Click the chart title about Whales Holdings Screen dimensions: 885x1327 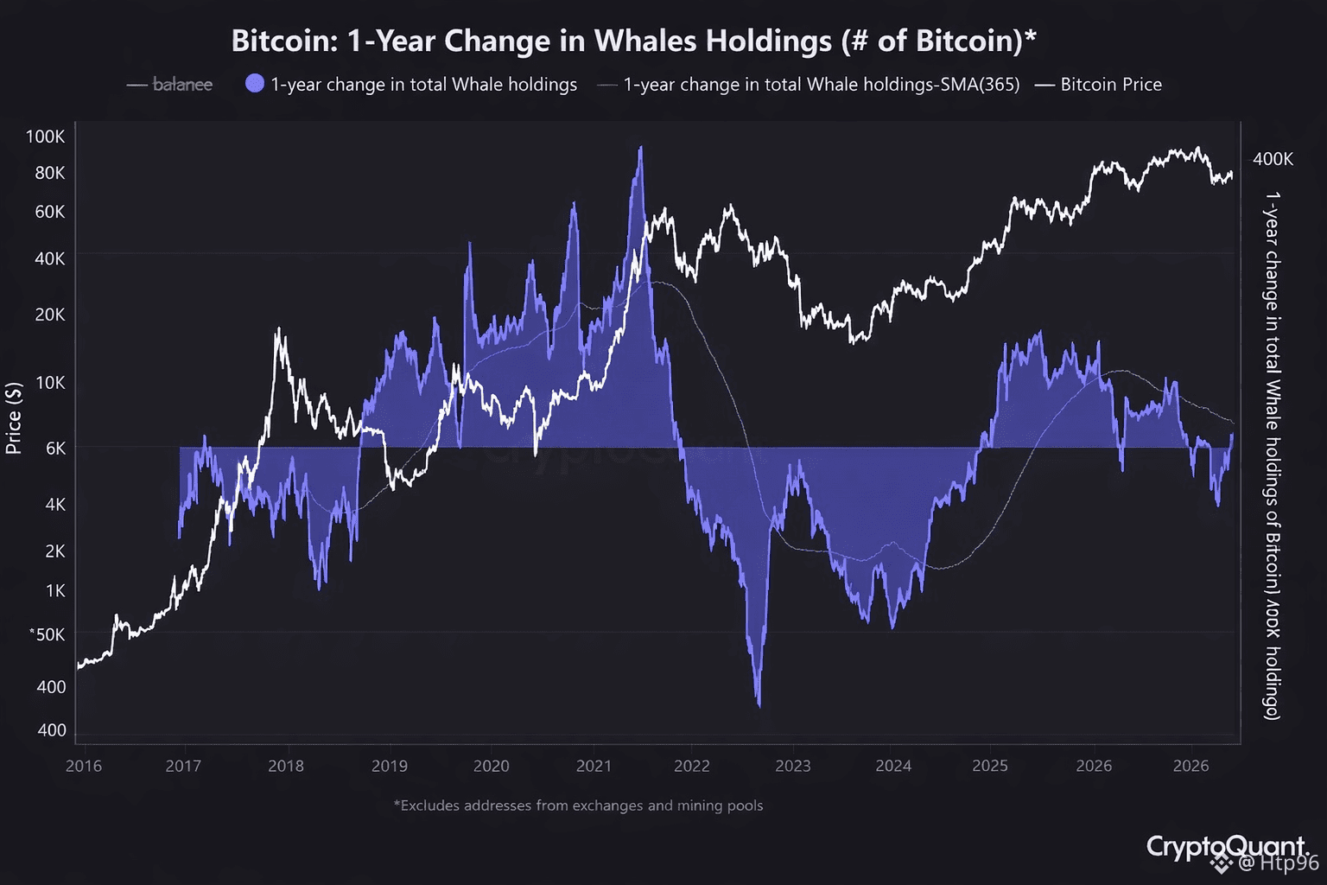pos(633,41)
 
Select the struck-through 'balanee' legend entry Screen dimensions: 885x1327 pos(182,85)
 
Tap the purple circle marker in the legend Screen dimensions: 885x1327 pos(255,84)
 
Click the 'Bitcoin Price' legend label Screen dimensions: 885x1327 pos(1110,85)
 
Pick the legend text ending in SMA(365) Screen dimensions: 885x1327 pos(821,85)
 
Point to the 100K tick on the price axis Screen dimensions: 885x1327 pos(45,137)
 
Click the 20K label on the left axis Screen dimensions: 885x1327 pos(49,315)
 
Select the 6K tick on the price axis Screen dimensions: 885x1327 pos(55,449)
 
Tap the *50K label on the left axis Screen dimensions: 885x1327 pos(48,634)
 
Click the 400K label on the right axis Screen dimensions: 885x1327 pos(1273,159)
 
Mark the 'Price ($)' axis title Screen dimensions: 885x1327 pos(13,418)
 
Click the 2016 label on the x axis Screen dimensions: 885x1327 pos(84,766)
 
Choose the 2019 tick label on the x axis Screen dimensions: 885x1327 pos(390,766)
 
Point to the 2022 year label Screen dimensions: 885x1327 pos(692,766)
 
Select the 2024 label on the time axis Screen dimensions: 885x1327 pos(893,766)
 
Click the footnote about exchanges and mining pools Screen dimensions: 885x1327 pos(578,805)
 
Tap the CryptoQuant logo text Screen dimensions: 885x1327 pos(1225,846)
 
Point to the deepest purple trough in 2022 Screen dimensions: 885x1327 pos(759,704)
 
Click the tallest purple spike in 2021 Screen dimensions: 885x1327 pos(640,149)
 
